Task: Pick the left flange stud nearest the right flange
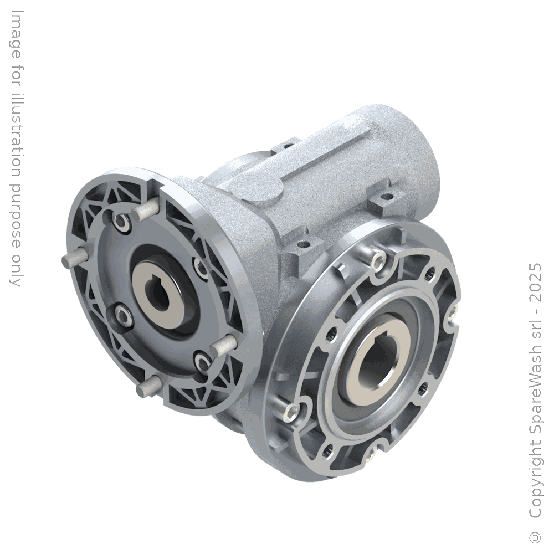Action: pyautogui.click(x=222, y=346)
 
